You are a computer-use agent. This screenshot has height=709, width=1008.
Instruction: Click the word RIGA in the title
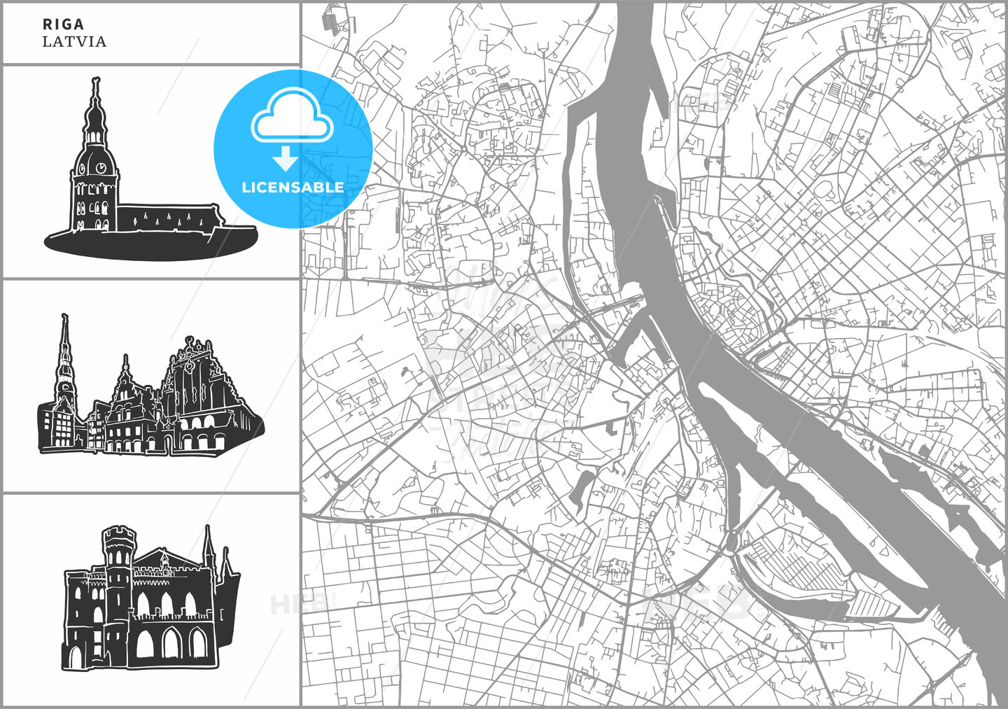[63, 24]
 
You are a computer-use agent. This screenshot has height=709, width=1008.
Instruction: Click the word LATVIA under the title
[74, 41]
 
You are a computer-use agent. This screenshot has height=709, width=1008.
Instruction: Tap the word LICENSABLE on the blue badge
[293, 188]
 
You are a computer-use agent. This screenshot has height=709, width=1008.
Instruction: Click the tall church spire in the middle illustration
[65, 350]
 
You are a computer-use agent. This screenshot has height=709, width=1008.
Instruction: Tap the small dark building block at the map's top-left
[330, 22]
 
